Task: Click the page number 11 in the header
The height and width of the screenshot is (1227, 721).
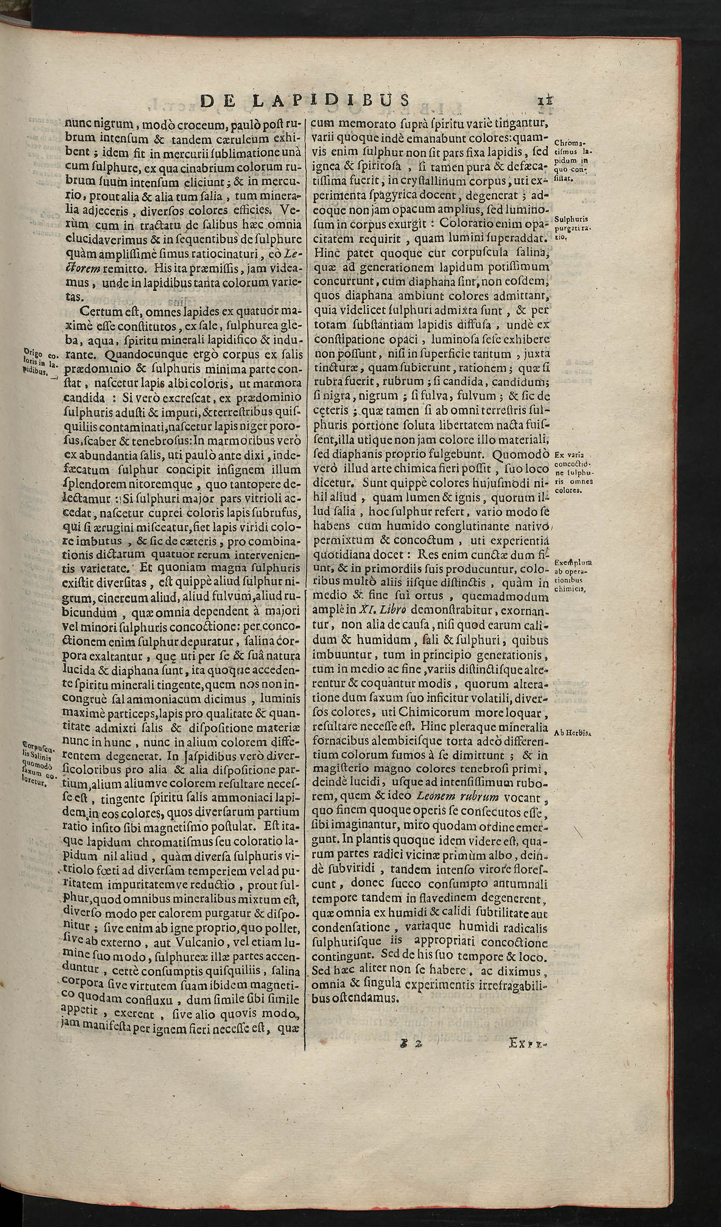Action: click(543, 101)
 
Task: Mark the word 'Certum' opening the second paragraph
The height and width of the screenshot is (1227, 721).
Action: click(103, 312)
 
